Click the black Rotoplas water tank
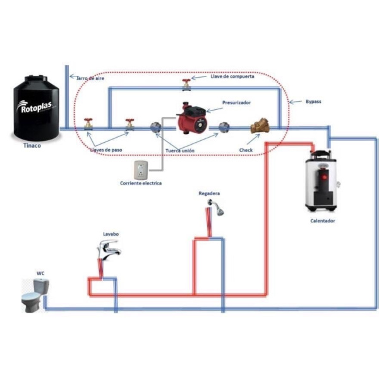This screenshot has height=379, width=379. click(x=36, y=108)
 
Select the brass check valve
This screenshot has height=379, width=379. click(x=260, y=126)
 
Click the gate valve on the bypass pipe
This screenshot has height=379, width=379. click(x=186, y=85)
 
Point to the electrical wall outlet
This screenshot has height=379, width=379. click(x=141, y=170)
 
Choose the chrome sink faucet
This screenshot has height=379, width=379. click(x=109, y=250)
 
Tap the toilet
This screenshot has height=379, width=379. click(x=35, y=295)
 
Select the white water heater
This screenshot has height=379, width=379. click(x=322, y=181)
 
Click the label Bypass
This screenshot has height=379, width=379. click(x=313, y=102)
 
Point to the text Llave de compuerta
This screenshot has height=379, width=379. click(x=232, y=76)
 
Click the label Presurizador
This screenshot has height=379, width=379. click(x=236, y=103)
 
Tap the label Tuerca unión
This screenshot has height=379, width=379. click(x=180, y=150)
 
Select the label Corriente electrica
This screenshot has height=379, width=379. click(x=141, y=183)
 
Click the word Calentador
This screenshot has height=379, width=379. click(x=323, y=220)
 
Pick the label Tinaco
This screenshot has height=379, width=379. click(x=32, y=145)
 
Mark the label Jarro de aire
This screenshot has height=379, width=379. click(x=90, y=78)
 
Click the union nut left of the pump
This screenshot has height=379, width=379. click(x=155, y=128)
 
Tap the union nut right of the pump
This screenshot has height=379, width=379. click(x=224, y=128)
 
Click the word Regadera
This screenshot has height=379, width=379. click(x=209, y=193)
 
